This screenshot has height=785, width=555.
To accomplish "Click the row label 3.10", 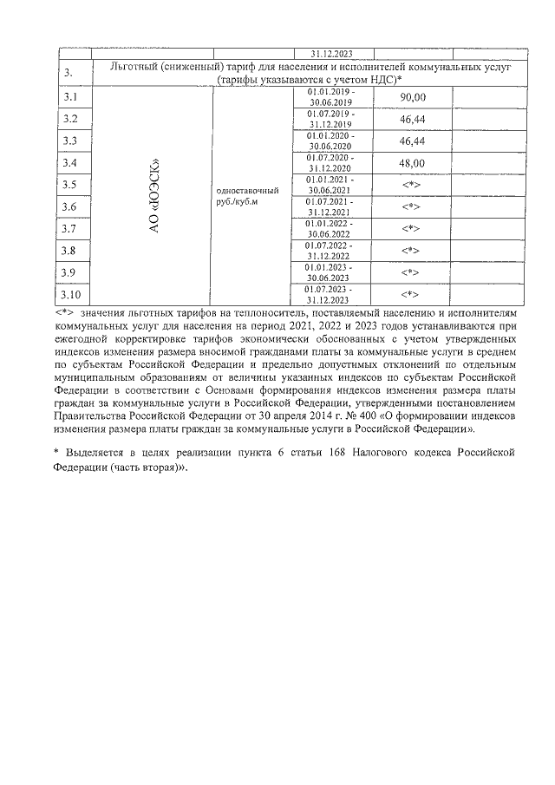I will pos(71,295).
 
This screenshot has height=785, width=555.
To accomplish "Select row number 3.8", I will pos(69,251).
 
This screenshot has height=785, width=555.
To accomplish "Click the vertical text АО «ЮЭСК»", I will pos(153,195).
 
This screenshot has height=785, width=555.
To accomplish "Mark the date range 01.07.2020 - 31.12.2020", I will pos(330,163).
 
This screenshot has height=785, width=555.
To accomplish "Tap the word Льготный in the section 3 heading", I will pos(138,66).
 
